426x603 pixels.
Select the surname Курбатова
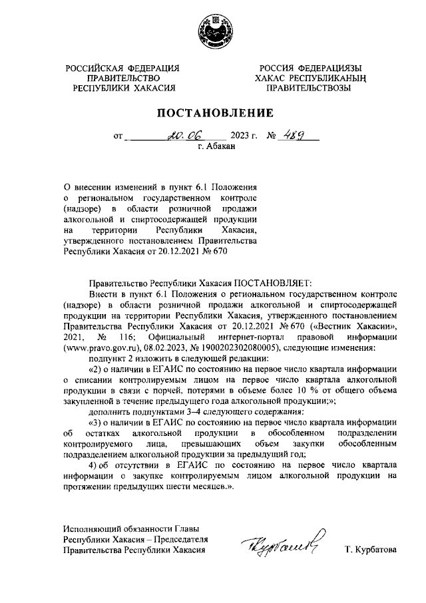point(370,550)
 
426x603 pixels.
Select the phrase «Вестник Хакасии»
point(356,325)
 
